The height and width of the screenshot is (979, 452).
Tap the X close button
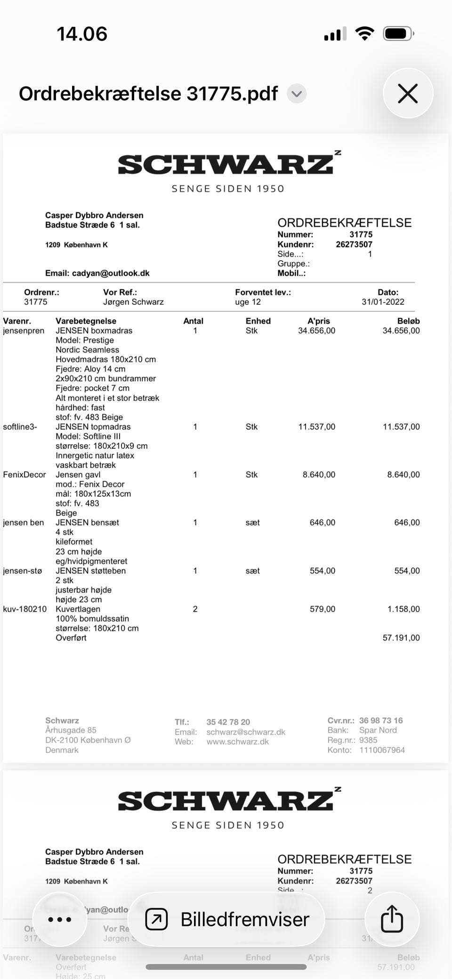[408, 93]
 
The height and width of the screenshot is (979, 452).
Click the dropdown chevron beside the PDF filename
[297, 94]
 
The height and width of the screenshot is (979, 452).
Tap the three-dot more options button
[60, 919]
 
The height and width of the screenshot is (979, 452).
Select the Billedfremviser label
[245, 919]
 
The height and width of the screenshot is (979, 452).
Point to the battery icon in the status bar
[398, 34]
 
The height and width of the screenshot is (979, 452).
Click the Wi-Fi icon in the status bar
[364, 34]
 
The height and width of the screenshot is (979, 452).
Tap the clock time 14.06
[82, 34]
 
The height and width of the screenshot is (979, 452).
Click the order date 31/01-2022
[383, 302]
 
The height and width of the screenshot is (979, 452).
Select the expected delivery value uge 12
[248, 302]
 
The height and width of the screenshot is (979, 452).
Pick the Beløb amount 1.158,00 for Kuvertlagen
[404, 609]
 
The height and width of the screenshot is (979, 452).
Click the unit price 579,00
[323, 609]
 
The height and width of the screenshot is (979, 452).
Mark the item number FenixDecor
[24, 475]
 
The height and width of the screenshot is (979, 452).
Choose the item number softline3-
[20, 427]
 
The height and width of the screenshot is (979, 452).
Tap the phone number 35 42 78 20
[228, 722]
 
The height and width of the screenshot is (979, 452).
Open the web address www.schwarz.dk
[238, 742]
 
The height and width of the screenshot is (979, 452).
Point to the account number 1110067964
[382, 750]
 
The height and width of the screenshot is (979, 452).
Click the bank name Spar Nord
[378, 730]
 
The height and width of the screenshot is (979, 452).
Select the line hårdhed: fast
[80, 407]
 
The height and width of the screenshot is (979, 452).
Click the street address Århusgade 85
[71, 730]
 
